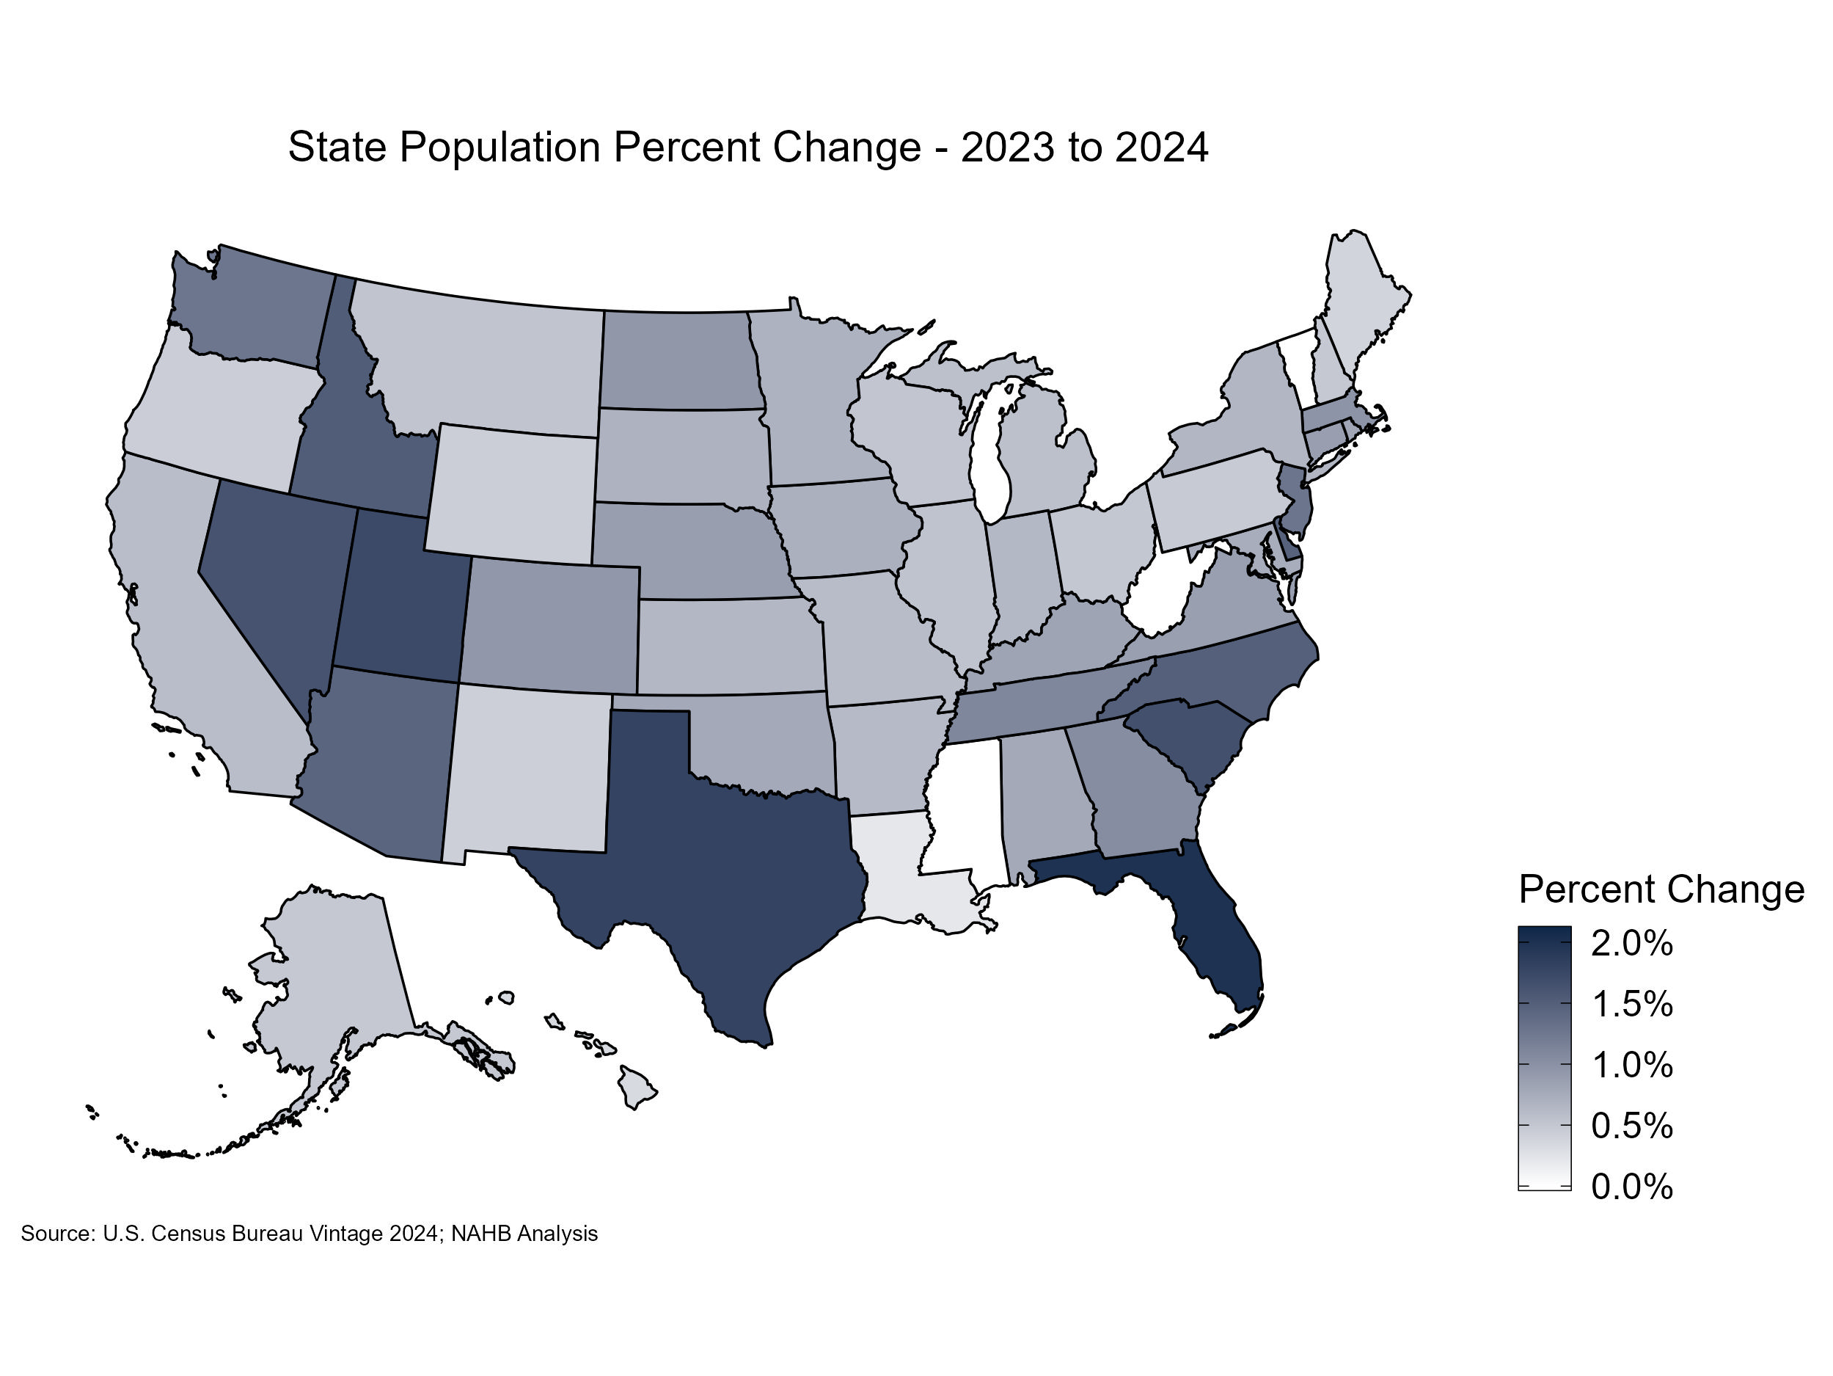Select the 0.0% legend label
tap(1631, 1186)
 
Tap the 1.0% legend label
tap(1631, 1064)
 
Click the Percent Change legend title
tap(1661, 889)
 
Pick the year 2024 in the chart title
tap(1162, 148)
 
